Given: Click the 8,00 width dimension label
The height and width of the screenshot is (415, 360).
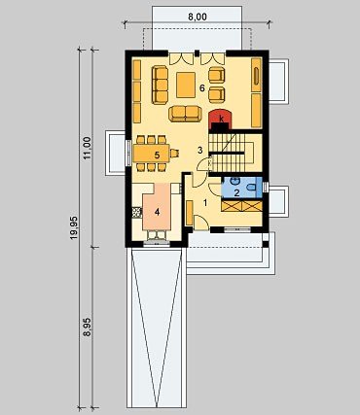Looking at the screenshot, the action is tap(198, 17).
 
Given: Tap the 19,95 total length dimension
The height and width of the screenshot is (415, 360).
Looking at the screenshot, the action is tap(74, 227).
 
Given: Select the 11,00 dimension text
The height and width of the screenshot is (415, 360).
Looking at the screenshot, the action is tap(87, 148).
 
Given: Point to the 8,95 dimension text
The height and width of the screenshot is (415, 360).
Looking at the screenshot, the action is tap(87, 328).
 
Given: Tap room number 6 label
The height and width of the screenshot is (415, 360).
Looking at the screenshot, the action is tap(202, 87).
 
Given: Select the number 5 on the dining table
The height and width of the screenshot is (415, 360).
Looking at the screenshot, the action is tap(157, 155).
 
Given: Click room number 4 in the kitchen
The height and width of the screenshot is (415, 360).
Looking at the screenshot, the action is tap(158, 212).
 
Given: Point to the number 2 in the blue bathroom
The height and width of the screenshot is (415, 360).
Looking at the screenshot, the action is tap(236, 193).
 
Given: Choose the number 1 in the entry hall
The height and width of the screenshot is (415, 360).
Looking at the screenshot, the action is tap(205, 203).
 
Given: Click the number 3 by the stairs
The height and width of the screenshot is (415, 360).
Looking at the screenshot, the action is tap(200, 150).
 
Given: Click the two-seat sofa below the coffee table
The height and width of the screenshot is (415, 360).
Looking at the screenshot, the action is tap(185, 113).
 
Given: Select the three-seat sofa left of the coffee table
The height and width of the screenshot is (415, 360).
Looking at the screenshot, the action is tap(160, 85).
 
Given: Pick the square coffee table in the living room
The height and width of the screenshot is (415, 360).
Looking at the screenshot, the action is tap(186, 85).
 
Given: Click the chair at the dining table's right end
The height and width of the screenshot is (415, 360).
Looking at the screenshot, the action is tap(174, 153).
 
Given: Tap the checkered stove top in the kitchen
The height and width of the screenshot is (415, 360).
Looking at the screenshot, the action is tap(137, 212).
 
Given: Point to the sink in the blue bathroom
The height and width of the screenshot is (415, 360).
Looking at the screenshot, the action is tap(234, 181).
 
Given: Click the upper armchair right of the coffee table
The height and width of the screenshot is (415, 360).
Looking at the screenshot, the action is tap(217, 74).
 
